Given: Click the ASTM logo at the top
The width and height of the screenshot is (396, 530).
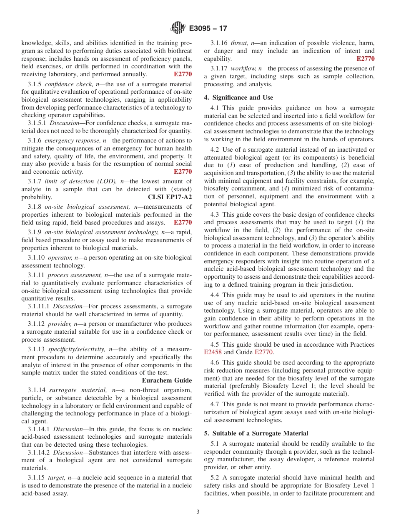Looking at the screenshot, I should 178,28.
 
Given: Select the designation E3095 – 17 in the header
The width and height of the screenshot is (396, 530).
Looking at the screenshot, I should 208,29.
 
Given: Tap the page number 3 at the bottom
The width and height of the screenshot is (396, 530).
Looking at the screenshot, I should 198,512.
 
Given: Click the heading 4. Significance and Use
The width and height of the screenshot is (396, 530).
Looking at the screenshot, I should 238,97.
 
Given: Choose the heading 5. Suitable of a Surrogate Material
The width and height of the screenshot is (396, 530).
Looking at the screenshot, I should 256,433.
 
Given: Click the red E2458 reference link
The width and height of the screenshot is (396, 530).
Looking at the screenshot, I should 213,352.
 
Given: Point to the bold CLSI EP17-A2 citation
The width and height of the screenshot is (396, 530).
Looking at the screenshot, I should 170,197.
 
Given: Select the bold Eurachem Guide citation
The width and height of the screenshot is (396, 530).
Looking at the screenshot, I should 167,380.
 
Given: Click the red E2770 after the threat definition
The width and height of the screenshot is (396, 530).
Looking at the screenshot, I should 366,59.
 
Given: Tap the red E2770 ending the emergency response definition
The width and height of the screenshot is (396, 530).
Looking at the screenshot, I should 183,172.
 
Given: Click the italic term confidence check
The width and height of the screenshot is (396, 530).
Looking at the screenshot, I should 64,84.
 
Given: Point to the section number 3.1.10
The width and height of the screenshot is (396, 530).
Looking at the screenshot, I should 37,258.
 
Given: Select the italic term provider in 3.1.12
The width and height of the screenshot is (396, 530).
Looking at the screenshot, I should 59,324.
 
